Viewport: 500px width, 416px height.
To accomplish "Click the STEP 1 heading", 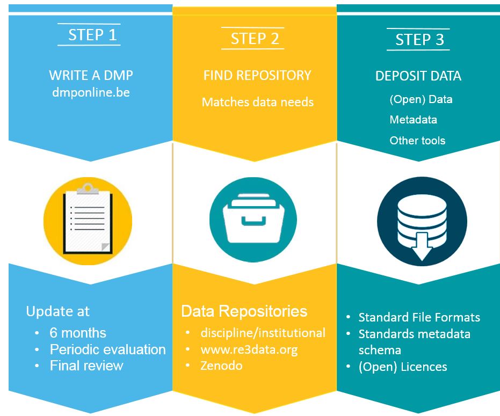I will coord(92,35).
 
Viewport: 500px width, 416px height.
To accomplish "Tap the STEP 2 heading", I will coord(255,39).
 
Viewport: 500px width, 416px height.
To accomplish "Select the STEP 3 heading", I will coord(419,39).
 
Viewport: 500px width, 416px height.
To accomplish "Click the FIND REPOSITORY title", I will coord(257,75).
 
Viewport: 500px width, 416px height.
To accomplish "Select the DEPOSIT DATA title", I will coord(418,76).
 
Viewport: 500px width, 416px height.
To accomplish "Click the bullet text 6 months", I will coord(78,333).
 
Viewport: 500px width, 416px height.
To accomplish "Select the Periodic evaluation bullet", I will coord(107,349).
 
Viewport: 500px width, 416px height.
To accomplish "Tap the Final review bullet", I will coord(86,366).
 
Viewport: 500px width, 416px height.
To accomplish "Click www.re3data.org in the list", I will coord(249,349).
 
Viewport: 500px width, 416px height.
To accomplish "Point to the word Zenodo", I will coord(221,366).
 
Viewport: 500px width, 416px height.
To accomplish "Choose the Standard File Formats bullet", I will coord(419,317).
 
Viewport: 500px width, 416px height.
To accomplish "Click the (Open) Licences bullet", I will coord(402,367).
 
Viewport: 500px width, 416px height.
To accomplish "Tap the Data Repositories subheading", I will coord(244,311).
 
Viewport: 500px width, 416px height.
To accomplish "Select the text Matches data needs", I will coord(257,102).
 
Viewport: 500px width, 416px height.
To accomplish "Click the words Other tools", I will coord(417,141).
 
